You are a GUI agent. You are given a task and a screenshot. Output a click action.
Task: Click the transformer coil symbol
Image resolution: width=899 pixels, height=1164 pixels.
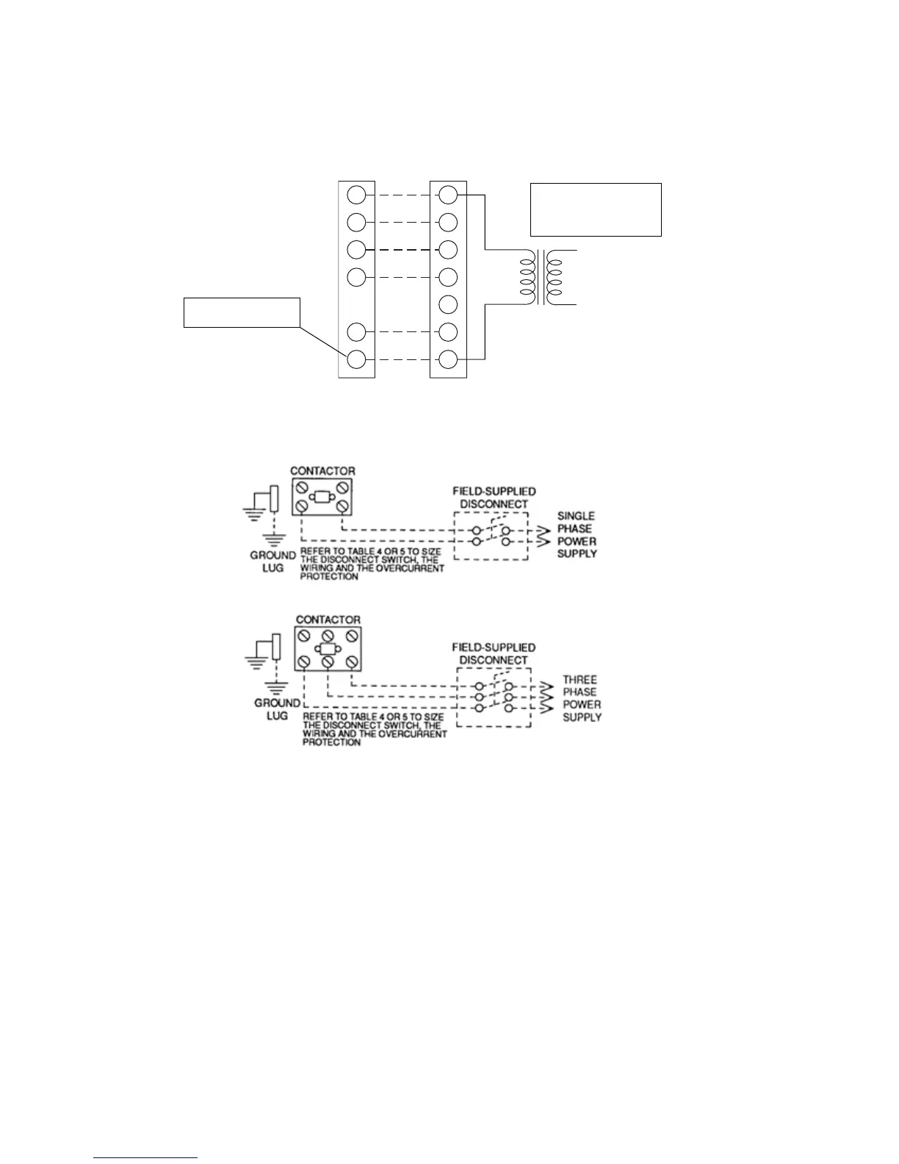coord(541,277)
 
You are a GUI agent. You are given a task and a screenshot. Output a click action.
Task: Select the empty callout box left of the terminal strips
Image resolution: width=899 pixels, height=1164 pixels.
coord(242,312)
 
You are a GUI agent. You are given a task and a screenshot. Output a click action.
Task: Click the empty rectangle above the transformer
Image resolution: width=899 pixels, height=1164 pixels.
coord(596,209)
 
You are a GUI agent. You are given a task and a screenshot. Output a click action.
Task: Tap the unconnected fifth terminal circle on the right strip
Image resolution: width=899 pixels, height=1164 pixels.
coord(448,304)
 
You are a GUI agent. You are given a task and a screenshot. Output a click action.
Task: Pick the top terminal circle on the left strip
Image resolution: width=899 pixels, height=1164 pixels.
coord(356,195)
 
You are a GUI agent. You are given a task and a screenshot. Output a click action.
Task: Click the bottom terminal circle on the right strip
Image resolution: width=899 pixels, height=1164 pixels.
coord(448,359)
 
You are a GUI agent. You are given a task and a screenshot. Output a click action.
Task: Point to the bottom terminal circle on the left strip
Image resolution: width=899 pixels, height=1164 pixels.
coord(356,359)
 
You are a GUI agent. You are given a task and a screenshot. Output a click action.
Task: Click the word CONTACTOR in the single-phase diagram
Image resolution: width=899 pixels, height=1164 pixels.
coord(322,470)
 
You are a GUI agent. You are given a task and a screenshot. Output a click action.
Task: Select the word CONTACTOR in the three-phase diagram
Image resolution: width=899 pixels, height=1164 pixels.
coord(328,619)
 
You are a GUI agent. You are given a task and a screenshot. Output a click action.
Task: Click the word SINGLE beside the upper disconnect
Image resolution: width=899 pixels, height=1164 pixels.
coord(576,516)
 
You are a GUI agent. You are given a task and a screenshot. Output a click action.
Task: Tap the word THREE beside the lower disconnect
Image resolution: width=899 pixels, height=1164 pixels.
coord(580,680)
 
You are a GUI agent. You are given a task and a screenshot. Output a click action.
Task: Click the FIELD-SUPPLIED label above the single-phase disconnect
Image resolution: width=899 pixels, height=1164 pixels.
coord(494,491)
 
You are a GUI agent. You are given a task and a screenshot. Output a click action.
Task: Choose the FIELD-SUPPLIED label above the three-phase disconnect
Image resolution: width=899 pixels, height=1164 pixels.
coord(494,647)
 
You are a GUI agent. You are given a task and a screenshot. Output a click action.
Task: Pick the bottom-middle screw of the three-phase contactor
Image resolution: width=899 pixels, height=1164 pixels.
coord(328,663)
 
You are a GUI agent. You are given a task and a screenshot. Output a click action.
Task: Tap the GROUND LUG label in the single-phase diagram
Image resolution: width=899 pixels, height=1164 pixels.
coord(272,561)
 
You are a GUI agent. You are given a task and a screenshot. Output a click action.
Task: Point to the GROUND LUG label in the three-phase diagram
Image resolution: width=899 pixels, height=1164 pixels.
coord(277,708)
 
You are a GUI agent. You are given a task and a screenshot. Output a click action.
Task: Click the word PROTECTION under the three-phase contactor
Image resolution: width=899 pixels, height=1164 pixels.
coord(331,742)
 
